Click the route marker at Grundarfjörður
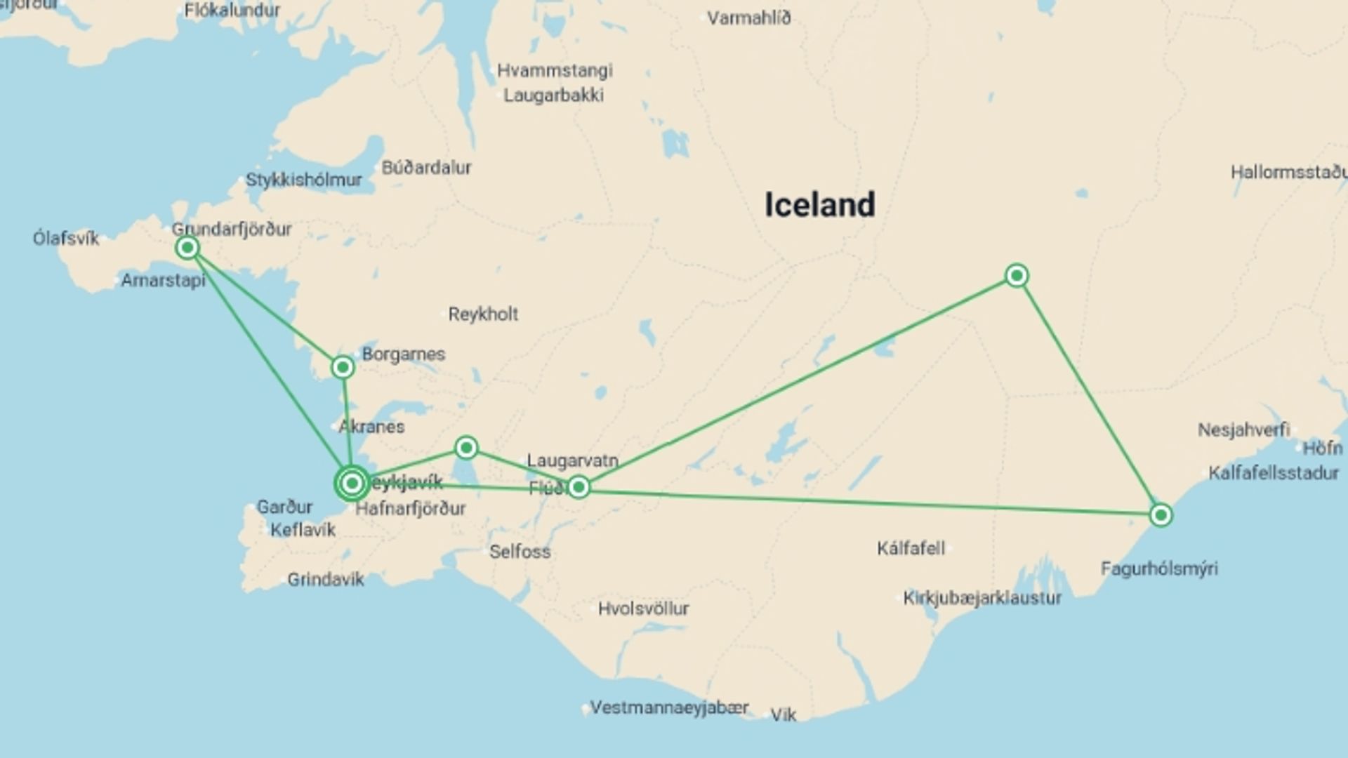187,247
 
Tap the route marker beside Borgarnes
343,367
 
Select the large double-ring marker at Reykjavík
352,483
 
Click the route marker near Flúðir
578,486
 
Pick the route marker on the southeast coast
1161,515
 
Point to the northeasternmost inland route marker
1017,275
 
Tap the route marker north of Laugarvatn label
466,447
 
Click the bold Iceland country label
819,205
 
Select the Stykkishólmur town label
303,180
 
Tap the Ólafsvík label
66,238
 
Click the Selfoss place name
520,552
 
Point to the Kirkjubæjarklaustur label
982,598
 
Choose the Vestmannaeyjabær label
668,707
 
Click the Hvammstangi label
555,70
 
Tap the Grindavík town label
325,580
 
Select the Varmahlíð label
748,18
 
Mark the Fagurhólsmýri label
1158,568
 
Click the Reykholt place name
483,314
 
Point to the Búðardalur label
426,168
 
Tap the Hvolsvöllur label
643,609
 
